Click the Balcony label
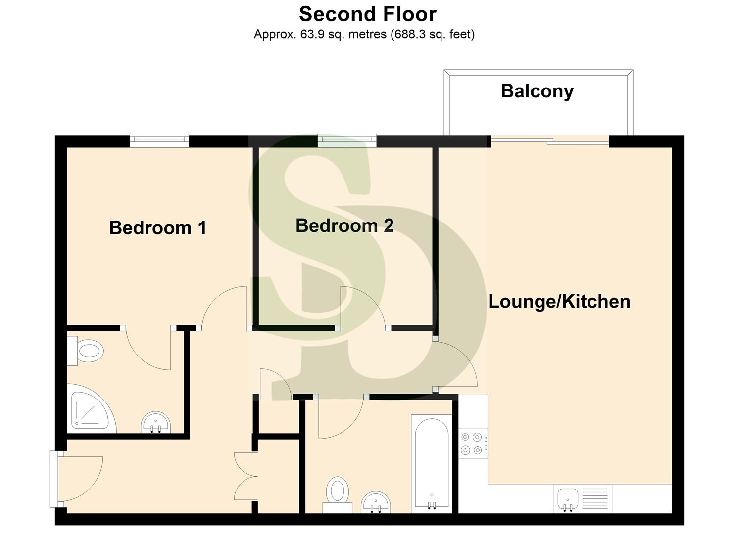tap(537, 91)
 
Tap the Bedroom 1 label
tap(157, 228)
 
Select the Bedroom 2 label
tap(344, 225)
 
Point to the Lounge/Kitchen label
tap(559, 302)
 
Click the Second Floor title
tap(367, 14)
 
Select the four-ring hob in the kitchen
tap(471, 444)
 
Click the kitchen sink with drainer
tap(582, 498)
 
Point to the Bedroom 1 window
tap(159, 141)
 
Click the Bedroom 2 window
tap(346, 141)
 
